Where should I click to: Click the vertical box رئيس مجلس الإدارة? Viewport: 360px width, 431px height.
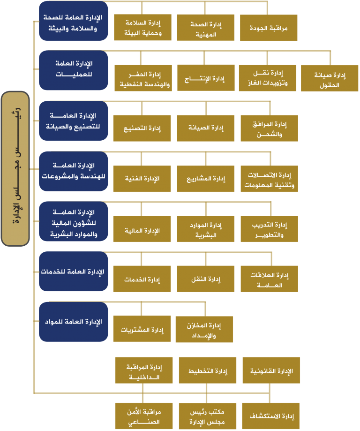[x=15, y=168]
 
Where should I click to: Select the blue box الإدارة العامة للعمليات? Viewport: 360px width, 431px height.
[x=74, y=70]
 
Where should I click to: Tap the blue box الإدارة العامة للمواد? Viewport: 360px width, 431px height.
[x=74, y=322]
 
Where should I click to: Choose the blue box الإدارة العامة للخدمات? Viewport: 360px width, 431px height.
[x=74, y=271]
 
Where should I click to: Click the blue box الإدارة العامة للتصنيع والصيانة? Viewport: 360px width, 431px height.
[x=74, y=121]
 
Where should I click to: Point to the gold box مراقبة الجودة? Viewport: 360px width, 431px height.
[x=269, y=28]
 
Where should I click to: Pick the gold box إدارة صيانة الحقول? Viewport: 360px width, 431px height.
[x=330, y=78]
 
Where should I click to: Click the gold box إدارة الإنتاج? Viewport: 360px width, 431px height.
[x=206, y=78]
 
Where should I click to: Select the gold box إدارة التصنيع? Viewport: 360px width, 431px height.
[x=142, y=129]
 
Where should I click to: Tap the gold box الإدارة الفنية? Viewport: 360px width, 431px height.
[x=142, y=179]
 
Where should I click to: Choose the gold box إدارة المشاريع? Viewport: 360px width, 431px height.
[x=206, y=179]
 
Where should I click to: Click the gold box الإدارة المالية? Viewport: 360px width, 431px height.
[x=142, y=229]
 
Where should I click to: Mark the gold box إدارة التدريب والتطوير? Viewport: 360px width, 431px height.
[x=270, y=229]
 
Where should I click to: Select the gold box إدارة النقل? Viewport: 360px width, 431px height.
[x=206, y=279]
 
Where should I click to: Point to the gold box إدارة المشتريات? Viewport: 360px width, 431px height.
[x=142, y=329]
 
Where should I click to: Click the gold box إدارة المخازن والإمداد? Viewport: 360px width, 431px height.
[x=204, y=330]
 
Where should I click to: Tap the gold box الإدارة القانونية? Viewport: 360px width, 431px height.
[x=271, y=371]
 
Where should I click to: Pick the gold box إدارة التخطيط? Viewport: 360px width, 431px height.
[x=208, y=371]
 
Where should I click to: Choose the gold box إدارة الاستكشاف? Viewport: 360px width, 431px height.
[x=271, y=416]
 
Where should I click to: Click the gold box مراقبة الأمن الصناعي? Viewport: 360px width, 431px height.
[x=144, y=416]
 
